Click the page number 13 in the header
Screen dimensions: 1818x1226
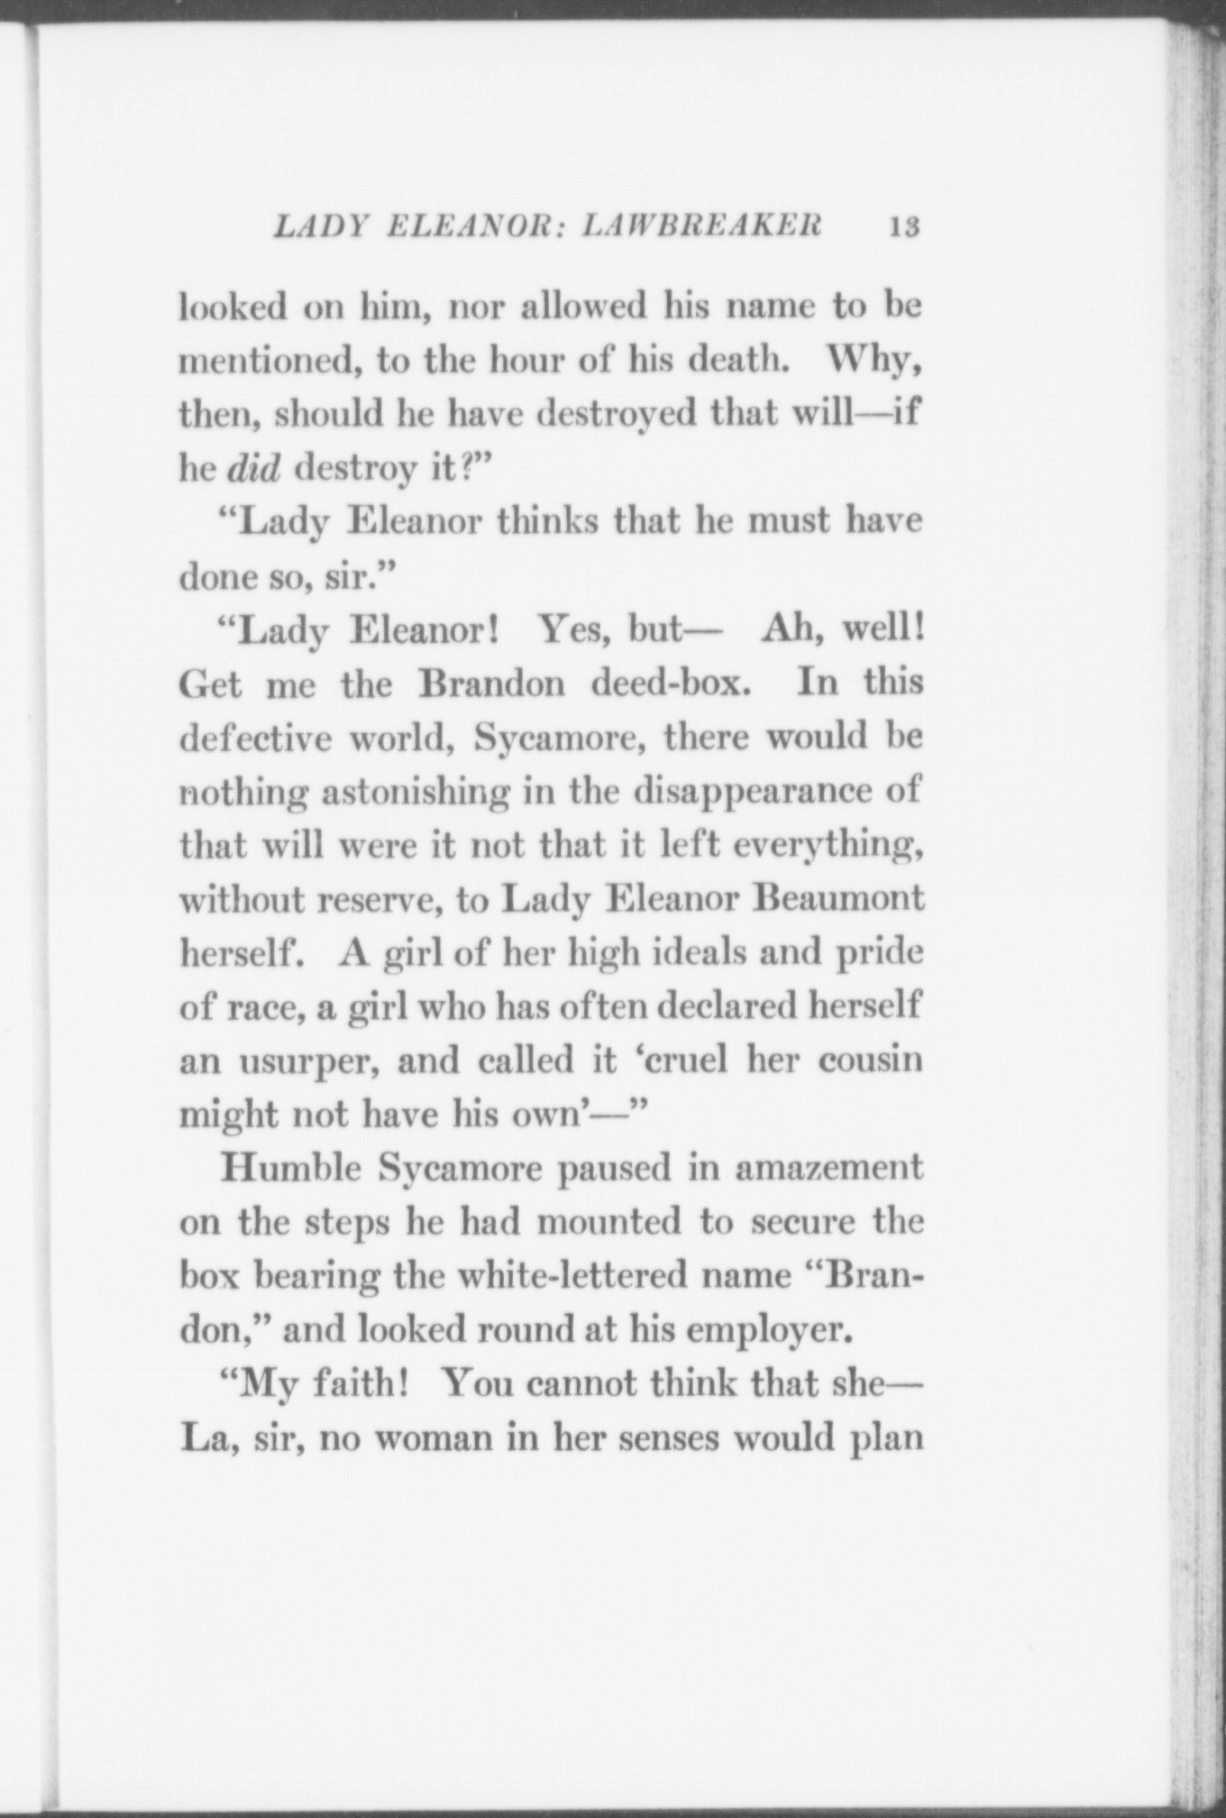pyautogui.click(x=902, y=225)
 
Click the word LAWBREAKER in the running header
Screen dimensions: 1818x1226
pyautogui.click(x=703, y=225)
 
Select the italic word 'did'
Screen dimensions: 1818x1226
pyautogui.click(x=254, y=468)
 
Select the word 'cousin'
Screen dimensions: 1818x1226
pyautogui.click(x=871, y=1060)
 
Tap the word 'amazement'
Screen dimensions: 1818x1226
pyautogui.click(x=829, y=1169)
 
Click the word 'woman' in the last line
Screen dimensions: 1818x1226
pyautogui.click(x=434, y=1438)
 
